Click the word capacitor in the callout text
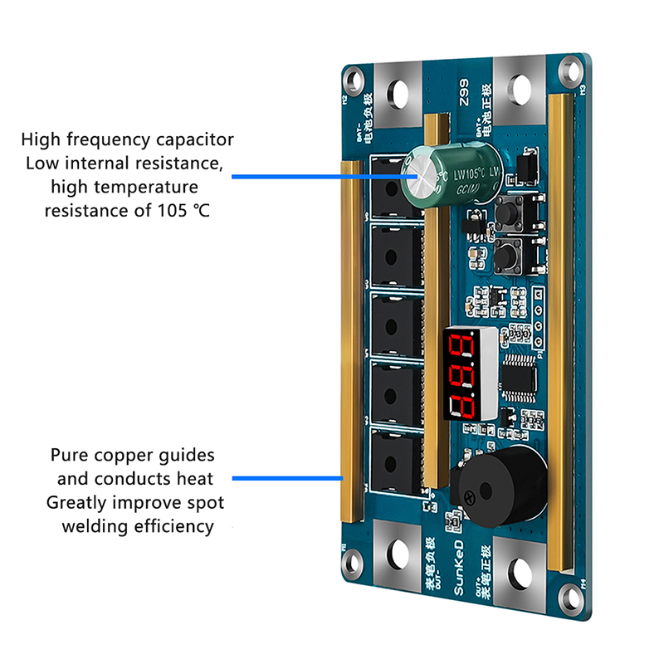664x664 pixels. coord(190,139)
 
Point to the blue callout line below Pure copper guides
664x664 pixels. coord(287,479)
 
